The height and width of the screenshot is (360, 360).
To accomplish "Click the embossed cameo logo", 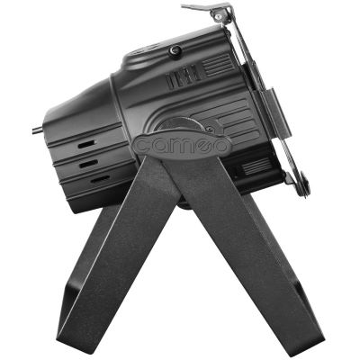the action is click(x=182, y=144).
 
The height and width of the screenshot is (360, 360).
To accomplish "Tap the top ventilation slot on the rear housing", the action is click(x=86, y=144).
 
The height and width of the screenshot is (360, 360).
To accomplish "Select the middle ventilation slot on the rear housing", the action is click(x=88, y=164).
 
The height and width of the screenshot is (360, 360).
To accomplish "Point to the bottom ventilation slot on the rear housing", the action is click(x=100, y=179).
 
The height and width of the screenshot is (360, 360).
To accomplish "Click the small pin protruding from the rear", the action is click(x=38, y=130).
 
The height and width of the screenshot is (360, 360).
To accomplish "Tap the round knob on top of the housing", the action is click(x=175, y=50).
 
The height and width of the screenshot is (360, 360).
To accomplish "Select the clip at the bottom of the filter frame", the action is click(x=297, y=184).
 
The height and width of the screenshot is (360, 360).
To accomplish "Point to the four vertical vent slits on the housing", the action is click(x=183, y=76).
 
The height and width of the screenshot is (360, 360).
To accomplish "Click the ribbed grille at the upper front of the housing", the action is click(x=218, y=64).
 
